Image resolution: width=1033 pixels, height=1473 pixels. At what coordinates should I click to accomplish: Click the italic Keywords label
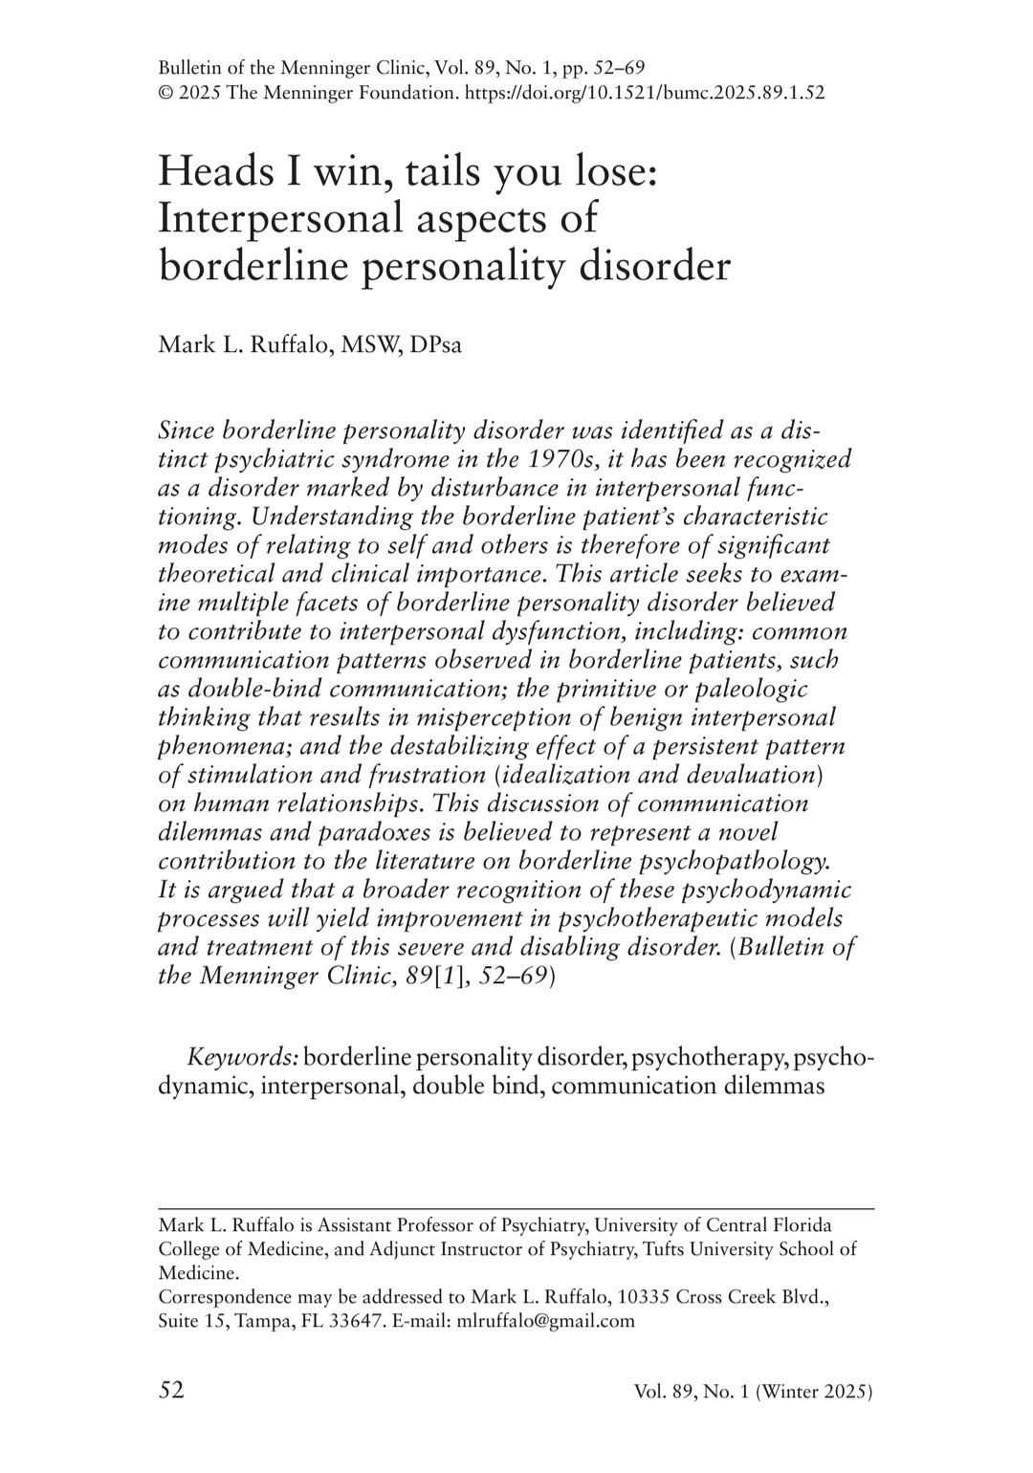coord(243,1057)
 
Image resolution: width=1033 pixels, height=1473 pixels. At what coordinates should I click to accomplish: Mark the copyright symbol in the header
coord(165,93)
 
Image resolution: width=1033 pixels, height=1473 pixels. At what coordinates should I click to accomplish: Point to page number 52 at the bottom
coord(171,1390)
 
